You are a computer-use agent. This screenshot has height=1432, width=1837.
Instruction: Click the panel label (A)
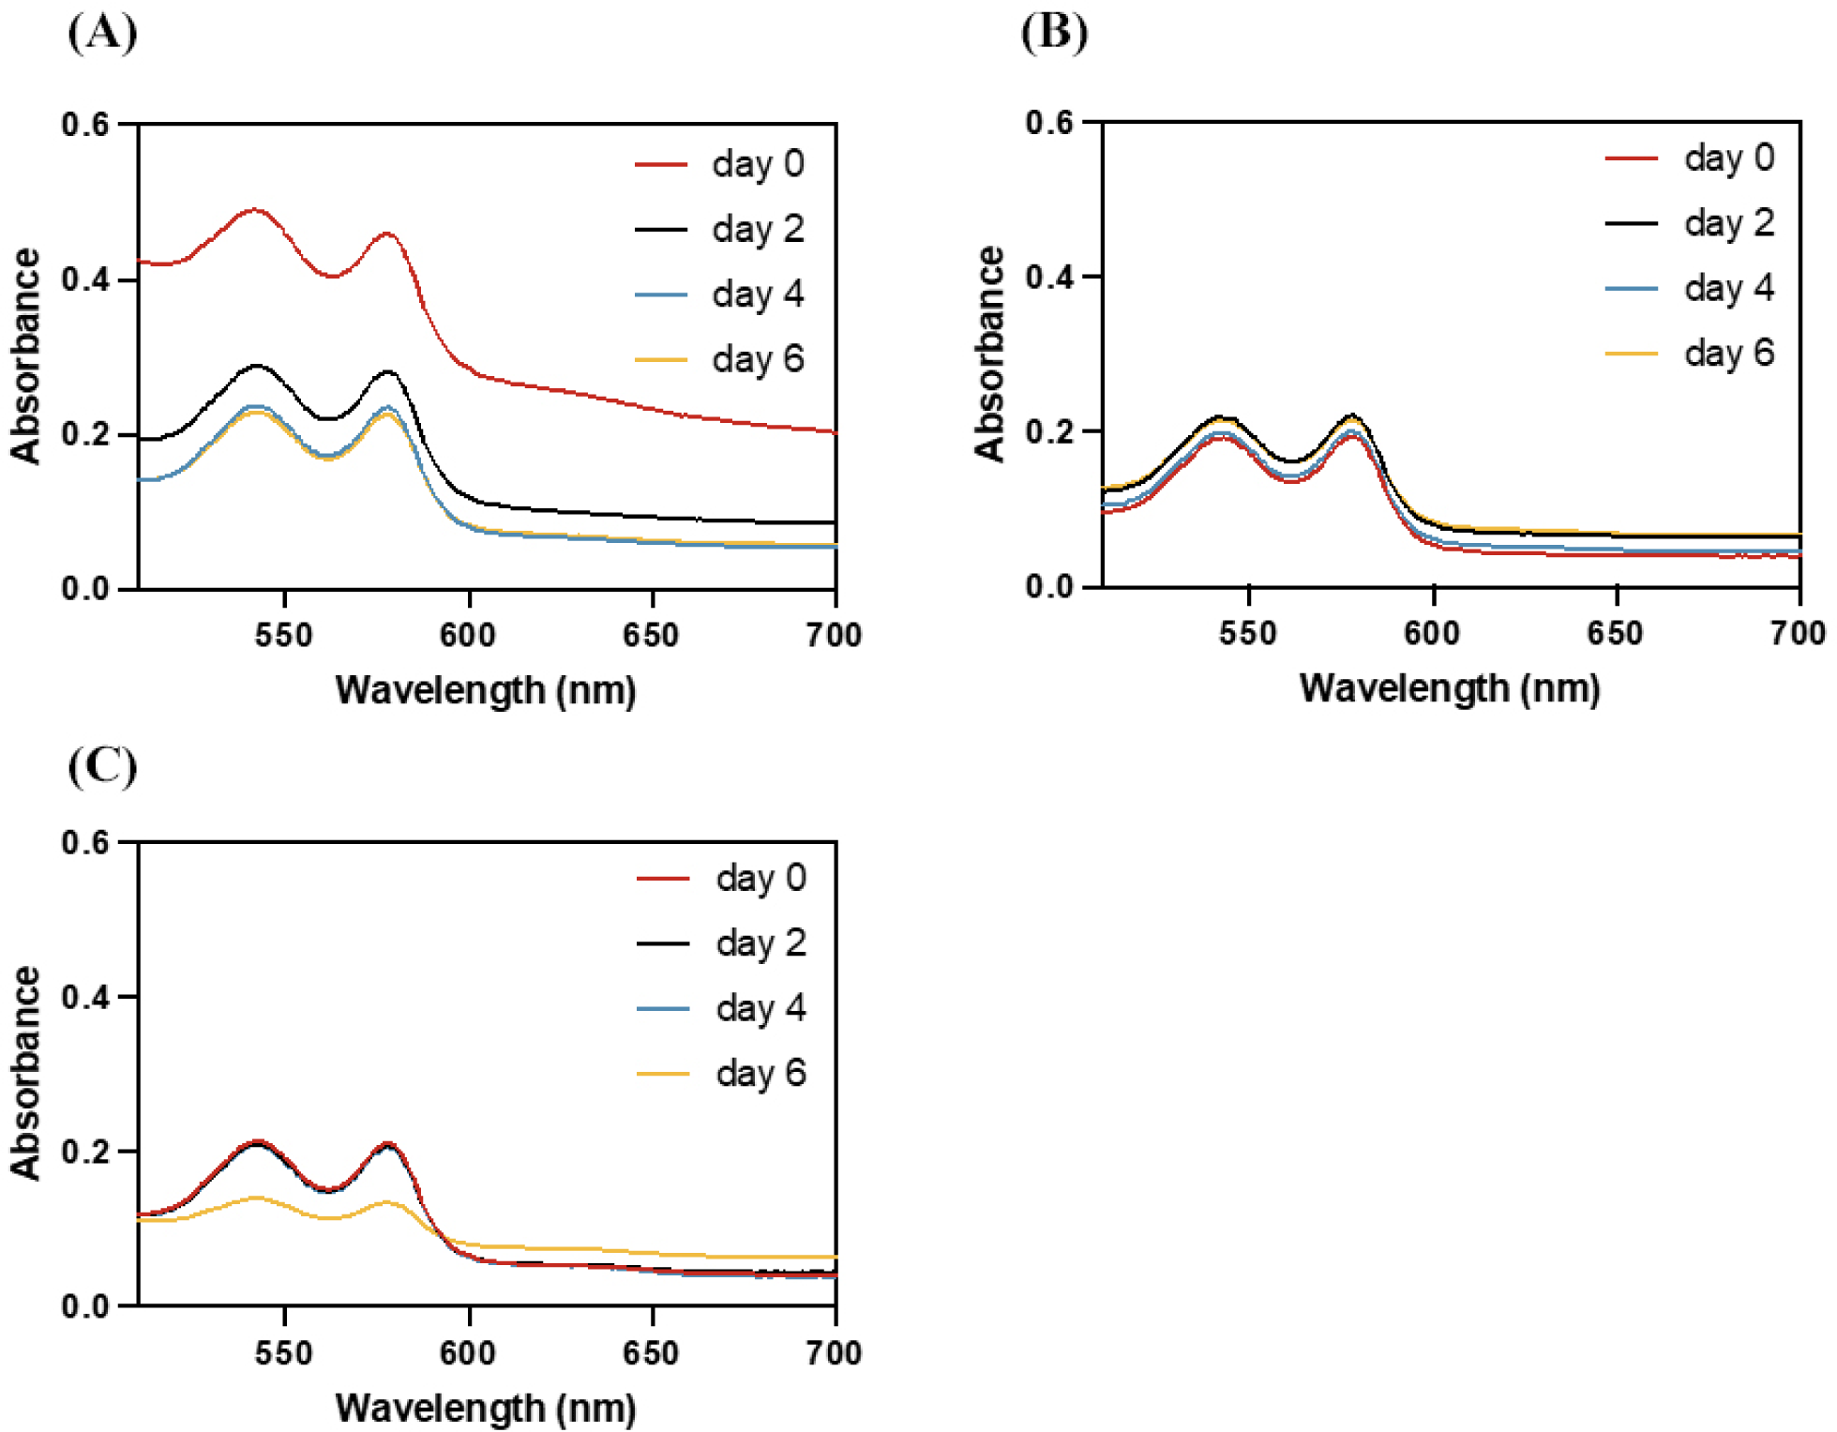point(102,34)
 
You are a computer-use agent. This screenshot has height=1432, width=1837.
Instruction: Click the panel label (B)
point(1054,34)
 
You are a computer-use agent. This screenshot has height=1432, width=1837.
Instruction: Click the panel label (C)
point(102,766)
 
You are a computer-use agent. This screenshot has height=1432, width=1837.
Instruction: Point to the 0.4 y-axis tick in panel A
point(85,279)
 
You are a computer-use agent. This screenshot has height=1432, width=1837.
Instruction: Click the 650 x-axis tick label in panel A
point(651,636)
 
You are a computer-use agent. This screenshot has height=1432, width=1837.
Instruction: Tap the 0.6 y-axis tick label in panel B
point(1049,123)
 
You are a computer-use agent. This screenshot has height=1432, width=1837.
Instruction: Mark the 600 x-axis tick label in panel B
point(1432,634)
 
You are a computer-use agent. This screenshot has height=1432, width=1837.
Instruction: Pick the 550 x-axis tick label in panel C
point(283,1353)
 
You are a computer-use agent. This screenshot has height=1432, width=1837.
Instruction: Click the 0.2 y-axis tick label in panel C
point(85,1152)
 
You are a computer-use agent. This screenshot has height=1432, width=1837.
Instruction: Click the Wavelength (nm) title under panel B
point(1449,689)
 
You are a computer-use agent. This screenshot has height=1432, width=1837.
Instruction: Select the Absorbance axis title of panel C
point(26,1073)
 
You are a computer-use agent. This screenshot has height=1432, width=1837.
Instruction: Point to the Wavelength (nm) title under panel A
point(486,691)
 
